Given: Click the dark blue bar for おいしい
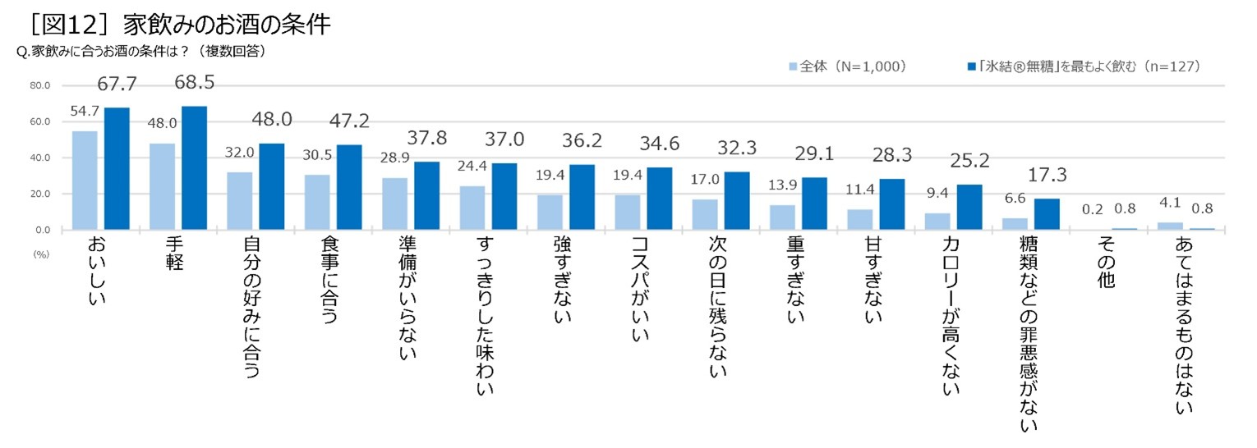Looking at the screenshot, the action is tap(117, 168).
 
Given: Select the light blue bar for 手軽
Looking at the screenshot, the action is tap(162, 186).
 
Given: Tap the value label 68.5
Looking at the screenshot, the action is tap(194, 82).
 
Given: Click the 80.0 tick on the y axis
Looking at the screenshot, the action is tap(39, 86).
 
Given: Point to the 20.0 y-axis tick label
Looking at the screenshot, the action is tap(39, 194).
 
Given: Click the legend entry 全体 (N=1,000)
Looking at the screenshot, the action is tap(847, 66).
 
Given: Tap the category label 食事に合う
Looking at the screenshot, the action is tap(329, 280).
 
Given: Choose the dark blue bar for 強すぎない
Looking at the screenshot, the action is tap(582, 197).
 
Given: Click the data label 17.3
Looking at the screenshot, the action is tap(1047, 175).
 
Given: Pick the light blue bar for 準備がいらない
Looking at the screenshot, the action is tap(395, 203).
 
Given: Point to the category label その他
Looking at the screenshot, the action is tap(1106, 262).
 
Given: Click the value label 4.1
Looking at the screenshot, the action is tap(1170, 203).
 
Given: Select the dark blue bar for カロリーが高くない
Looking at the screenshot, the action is tap(969, 207).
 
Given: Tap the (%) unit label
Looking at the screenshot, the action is tap(42, 254).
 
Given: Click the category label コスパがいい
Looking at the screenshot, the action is tap(640, 289).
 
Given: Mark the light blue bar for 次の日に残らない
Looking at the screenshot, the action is tap(705, 214).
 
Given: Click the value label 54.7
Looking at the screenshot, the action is tap(84, 111).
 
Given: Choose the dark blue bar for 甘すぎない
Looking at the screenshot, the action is tap(892, 204).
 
